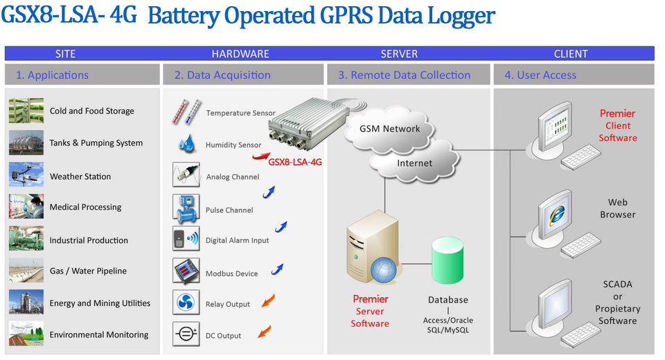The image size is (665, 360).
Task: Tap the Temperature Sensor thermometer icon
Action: pos(186,112)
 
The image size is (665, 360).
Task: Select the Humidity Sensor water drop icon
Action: pos(186,144)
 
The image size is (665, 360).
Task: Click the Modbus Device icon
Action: pos(186,272)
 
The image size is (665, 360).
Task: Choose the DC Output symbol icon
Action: pos(186,334)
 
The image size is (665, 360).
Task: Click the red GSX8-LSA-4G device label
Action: pos(296,162)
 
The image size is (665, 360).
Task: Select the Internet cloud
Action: pos(414,163)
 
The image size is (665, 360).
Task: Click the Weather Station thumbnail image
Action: pos(26,175)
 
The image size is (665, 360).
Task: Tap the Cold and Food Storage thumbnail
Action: pos(26,111)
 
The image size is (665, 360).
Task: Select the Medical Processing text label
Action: pos(85,207)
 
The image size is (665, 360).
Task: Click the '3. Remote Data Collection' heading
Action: pos(404,75)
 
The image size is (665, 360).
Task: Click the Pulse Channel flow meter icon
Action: pos(186,208)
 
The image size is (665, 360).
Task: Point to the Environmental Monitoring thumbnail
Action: pos(26,334)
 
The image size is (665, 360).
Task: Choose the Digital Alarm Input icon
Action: pos(186,240)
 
